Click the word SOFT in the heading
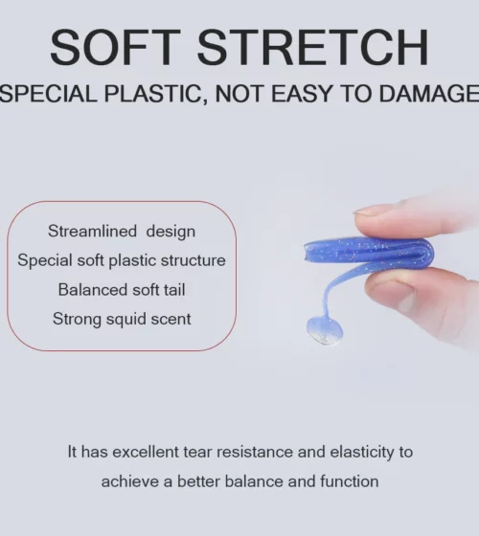click(115, 47)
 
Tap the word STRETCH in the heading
click(312, 47)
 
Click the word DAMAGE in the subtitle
click(429, 94)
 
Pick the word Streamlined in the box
click(92, 231)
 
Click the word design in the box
click(171, 232)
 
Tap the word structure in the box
click(194, 260)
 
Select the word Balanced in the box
click(93, 290)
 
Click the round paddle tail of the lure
click(324, 330)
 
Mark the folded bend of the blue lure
click(426, 254)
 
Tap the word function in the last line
click(350, 481)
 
